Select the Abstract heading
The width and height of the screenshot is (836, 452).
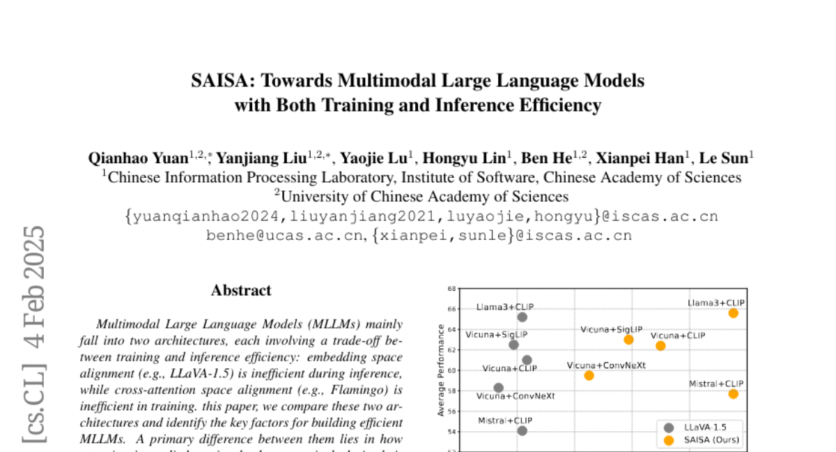241,290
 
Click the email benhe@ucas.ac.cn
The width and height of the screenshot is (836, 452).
285,236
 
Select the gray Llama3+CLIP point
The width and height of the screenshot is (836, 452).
522,317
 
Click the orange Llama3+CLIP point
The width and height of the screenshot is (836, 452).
734,313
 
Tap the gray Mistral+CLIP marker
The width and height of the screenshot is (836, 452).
522,430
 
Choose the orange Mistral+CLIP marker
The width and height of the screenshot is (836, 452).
734,394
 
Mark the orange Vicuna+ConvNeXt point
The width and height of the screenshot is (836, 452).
589,375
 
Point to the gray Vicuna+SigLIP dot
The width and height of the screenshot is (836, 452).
514,345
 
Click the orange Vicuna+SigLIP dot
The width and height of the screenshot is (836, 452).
628,340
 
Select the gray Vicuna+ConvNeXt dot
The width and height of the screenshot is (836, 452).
498,388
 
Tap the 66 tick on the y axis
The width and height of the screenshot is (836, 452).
451,308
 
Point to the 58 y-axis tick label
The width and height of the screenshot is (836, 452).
451,391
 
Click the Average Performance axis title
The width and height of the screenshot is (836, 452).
441,370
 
